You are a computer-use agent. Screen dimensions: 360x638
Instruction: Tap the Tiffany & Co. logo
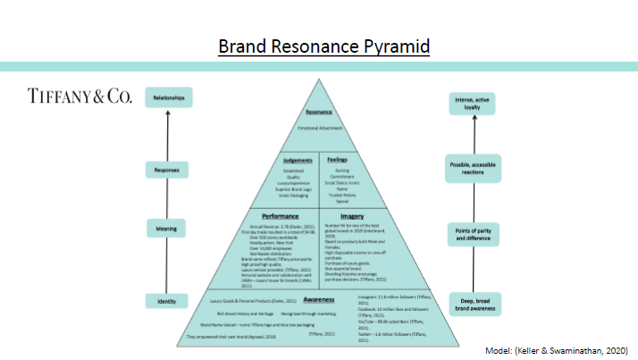[x=80, y=96]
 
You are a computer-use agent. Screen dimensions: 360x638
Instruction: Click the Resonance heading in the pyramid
[x=319, y=114]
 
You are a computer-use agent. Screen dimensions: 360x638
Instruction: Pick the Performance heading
[x=280, y=216]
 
